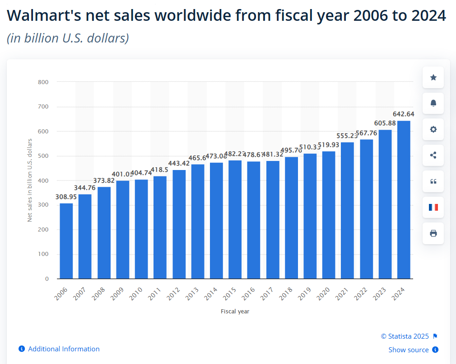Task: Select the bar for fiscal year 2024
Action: coord(404,199)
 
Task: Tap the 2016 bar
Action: coord(254,220)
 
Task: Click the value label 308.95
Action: coord(66,197)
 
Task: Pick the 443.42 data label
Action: coord(179,163)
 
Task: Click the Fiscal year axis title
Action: coord(235,312)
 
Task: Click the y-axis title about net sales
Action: coord(30,180)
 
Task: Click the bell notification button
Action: coord(433,104)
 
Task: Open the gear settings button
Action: coord(433,129)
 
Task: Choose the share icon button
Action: coord(433,156)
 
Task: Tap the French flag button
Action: coord(433,208)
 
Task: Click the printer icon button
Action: coord(433,233)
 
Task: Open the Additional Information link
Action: coord(64,349)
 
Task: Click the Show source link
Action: coord(409,350)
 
